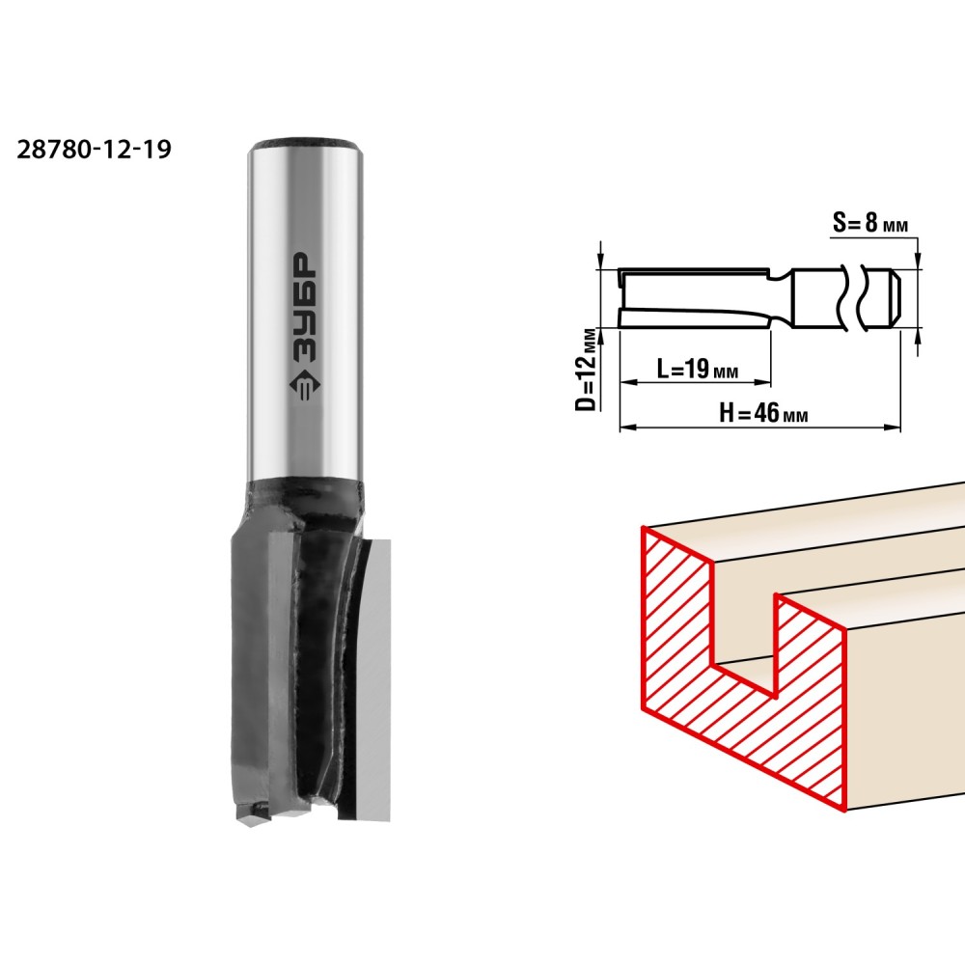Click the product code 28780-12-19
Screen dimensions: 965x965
point(94,149)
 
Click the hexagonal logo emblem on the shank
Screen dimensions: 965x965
point(303,387)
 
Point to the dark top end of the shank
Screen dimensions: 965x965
point(303,143)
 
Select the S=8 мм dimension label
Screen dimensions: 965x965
point(870,223)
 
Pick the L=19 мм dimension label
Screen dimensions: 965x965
point(698,369)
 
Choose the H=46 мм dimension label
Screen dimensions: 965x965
point(763,412)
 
